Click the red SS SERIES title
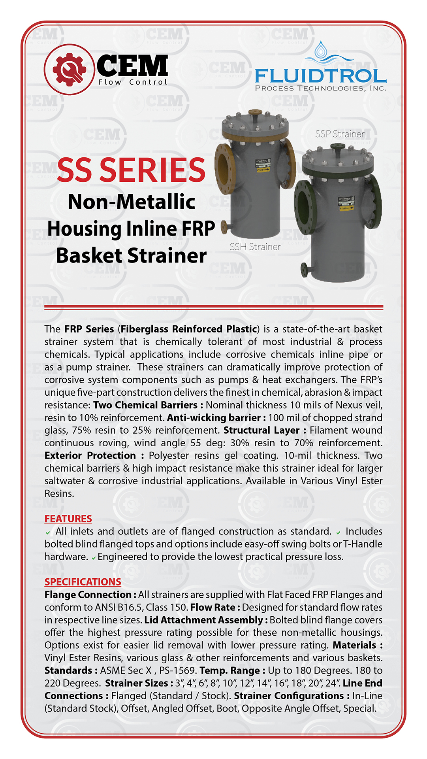131,170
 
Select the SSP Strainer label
340,134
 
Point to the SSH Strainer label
255,247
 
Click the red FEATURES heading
68,519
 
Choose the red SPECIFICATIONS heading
83,582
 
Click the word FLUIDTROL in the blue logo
320,76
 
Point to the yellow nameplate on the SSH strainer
263,165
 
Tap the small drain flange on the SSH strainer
224,227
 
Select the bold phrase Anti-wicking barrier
213,418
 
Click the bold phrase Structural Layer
261,430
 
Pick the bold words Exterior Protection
90,456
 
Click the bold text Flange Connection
88,595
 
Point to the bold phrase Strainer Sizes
136,683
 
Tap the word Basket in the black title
89,256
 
